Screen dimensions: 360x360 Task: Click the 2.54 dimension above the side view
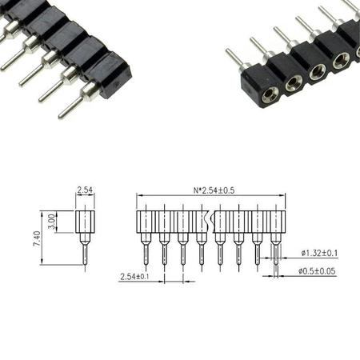point(85,190)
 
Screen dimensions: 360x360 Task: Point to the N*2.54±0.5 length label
point(211,190)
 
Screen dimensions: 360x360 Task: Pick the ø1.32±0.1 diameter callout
point(319,253)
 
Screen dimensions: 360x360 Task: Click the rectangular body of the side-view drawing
point(86,222)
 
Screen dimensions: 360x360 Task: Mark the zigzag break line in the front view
point(210,222)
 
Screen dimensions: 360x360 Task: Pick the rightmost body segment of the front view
point(275,222)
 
